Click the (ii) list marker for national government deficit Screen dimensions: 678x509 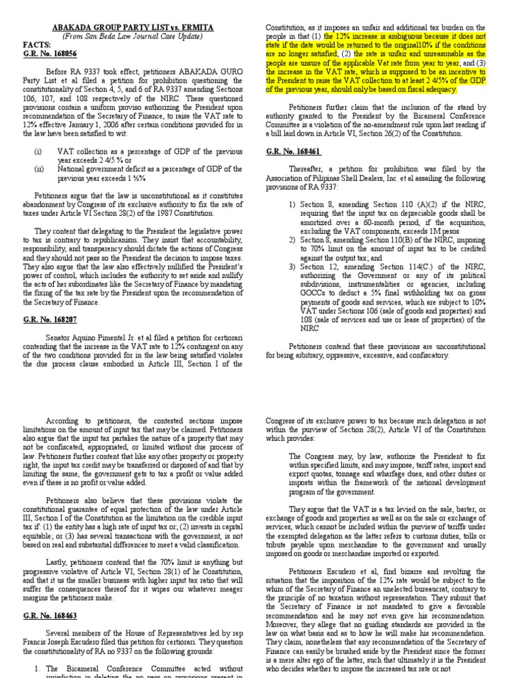40,168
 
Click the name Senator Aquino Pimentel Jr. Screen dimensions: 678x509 99,336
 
